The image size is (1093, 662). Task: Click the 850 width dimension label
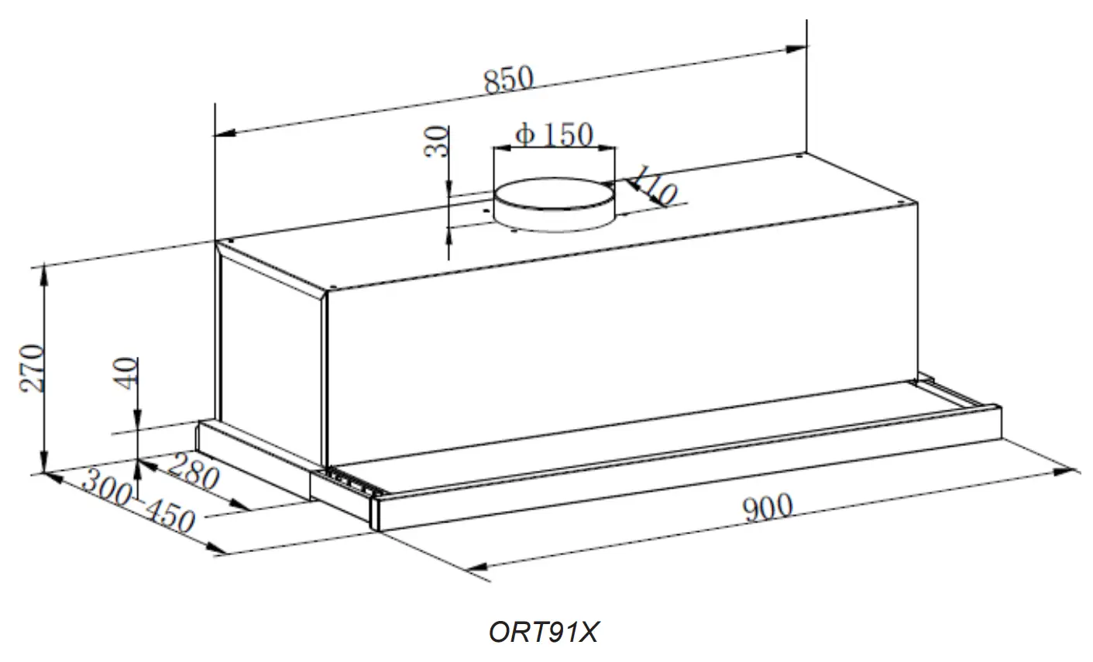509,81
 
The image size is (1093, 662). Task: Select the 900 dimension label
768,508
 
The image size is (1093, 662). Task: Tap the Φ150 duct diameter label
554,135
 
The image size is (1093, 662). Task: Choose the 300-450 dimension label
137,503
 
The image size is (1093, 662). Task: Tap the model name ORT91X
544,633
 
